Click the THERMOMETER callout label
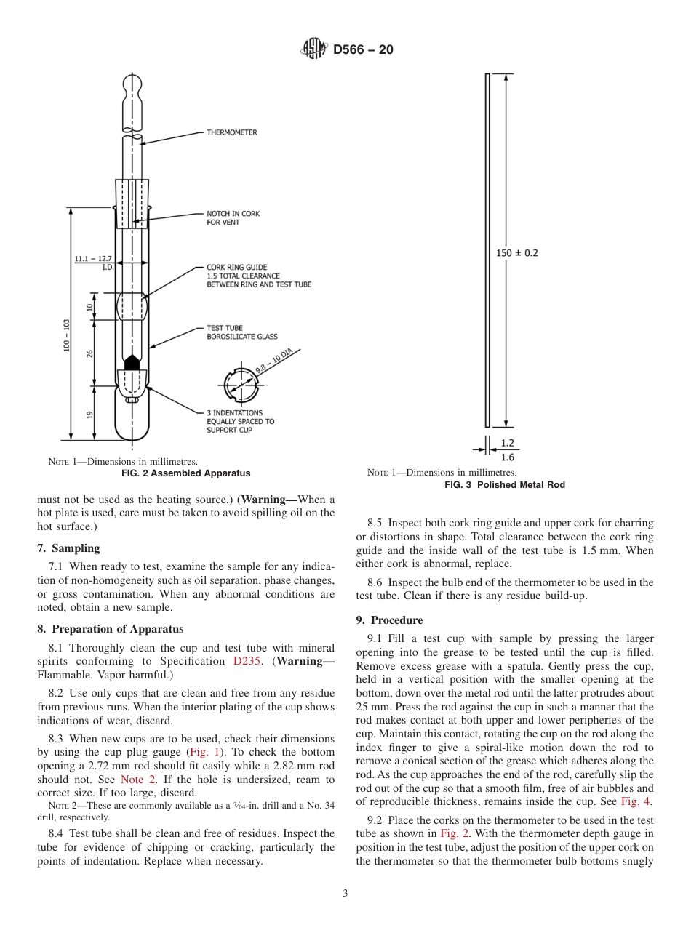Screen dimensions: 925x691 (231, 132)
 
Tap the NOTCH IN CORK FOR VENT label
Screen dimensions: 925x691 (233, 217)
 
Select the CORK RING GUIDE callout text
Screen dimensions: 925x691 (258, 276)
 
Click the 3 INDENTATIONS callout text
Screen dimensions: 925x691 (240, 421)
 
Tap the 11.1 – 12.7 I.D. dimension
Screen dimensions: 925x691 (93, 263)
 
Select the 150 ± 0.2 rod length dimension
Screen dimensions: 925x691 (517, 253)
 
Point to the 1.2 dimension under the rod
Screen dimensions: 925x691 (507, 442)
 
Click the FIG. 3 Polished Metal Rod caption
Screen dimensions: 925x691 (504, 485)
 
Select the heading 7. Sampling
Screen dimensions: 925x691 (68, 548)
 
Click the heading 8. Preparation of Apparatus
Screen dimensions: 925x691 (110, 629)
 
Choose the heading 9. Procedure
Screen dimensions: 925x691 (389, 620)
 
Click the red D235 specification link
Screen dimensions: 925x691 (247, 661)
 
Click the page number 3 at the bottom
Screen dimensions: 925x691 (345, 894)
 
